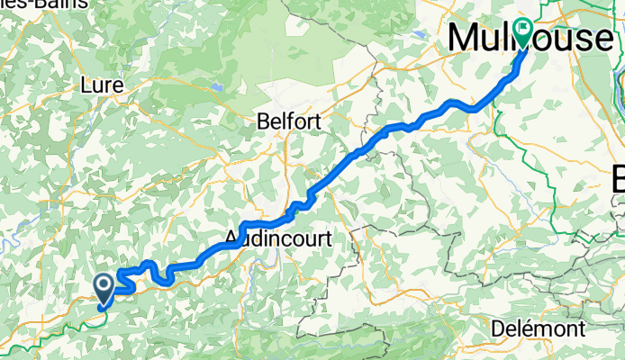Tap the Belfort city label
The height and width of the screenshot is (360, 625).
pos(288,120)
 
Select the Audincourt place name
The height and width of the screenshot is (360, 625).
pos(278,239)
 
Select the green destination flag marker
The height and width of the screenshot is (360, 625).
pos(523,33)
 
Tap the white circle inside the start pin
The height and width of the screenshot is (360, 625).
pos(104,283)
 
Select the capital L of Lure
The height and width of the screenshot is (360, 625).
pos(86,85)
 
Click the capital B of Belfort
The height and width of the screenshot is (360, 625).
pos(263,120)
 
